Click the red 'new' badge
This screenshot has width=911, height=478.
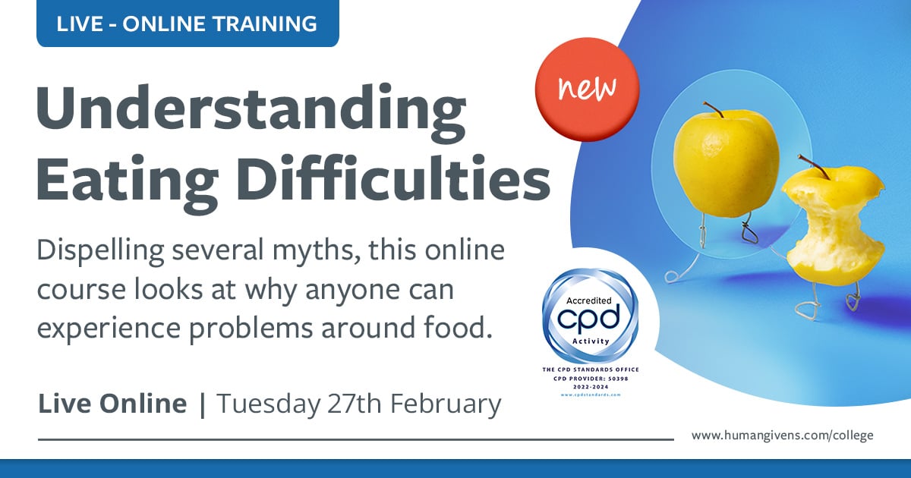pos(587,91)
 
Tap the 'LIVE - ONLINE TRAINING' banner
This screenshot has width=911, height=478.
pos(187,24)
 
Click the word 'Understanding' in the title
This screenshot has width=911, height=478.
pos(251,110)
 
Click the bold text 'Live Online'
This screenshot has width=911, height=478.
pos(112,404)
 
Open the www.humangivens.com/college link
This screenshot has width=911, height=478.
pos(782,436)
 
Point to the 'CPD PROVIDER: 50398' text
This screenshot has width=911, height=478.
pos(591,377)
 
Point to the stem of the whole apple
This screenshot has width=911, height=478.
pos(713,109)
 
